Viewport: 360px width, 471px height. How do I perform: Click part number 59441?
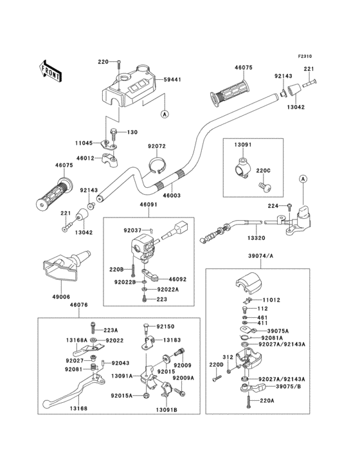click(172, 80)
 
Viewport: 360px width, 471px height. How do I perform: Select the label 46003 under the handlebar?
click(172, 196)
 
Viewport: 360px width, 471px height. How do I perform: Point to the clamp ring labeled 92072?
click(158, 165)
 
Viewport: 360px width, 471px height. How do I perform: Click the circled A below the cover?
click(165, 114)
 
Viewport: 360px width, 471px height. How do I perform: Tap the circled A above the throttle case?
click(303, 179)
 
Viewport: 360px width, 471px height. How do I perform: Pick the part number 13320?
click(256, 238)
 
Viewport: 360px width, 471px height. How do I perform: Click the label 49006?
click(62, 297)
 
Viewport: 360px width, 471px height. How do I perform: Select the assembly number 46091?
click(148, 205)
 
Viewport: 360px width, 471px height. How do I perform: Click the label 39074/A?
click(261, 256)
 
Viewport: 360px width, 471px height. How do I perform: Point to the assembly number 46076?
click(79, 305)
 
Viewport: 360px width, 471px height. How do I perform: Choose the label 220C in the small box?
click(263, 171)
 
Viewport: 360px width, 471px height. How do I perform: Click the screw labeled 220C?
click(265, 186)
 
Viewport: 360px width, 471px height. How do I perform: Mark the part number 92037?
click(132, 230)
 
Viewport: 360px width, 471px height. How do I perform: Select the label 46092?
click(177, 279)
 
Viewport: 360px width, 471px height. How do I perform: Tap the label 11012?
click(271, 300)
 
